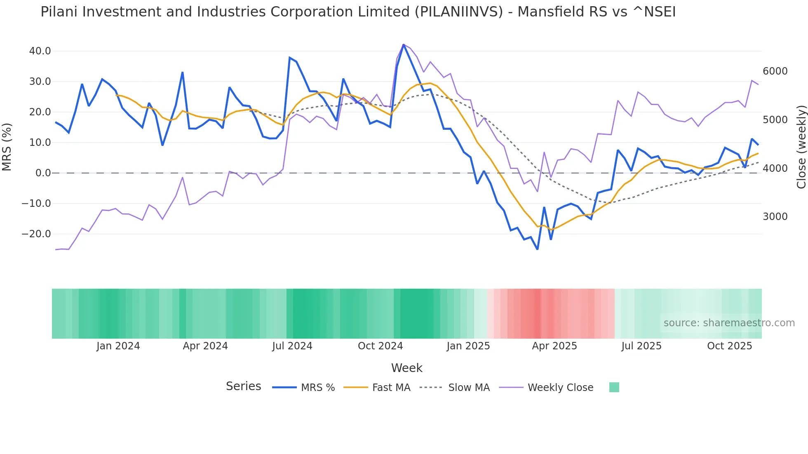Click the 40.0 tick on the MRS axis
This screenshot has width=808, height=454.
click(x=40, y=51)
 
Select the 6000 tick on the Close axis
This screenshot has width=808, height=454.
click(x=775, y=71)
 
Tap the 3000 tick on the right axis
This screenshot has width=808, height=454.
click(x=775, y=217)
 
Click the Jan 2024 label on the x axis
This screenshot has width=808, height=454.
click(x=118, y=346)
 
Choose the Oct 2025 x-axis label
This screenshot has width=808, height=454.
click(x=729, y=346)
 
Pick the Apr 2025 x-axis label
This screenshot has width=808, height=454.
click(x=554, y=346)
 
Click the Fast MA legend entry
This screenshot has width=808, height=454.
click(x=391, y=388)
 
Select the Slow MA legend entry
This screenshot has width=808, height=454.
click(x=469, y=388)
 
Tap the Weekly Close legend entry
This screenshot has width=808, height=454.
click(x=560, y=388)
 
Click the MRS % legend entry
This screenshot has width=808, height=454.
click(x=317, y=388)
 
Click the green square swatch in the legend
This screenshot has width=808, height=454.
click(x=614, y=387)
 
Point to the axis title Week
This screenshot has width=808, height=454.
click(x=406, y=368)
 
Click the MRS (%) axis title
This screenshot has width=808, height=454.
click(x=7, y=147)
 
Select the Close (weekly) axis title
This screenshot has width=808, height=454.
click(x=801, y=147)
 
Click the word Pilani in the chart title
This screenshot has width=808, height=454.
click(x=59, y=12)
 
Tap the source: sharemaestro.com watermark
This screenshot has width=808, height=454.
click(x=729, y=323)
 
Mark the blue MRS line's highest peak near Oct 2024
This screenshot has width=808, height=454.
click(x=403, y=44)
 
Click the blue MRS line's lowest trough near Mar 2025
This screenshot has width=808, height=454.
click(x=537, y=249)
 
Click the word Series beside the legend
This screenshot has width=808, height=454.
click(x=243, y=386)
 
